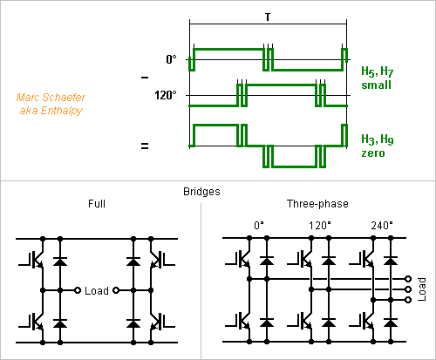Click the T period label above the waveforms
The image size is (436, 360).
tap(268, 17)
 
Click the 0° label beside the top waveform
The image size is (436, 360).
tap(171, 59)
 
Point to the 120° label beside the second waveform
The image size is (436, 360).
tap(166, 95)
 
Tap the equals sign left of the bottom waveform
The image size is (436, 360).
tap(145, 146)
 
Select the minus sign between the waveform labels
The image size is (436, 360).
tap(145, 78)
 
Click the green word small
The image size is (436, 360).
tap(376, 85)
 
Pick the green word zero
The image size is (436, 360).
tap(373, 153)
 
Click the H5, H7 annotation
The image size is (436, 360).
tap(378, 71)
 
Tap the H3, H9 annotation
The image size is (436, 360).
tap(378, 139)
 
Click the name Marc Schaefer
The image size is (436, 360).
tap(51, 98)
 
